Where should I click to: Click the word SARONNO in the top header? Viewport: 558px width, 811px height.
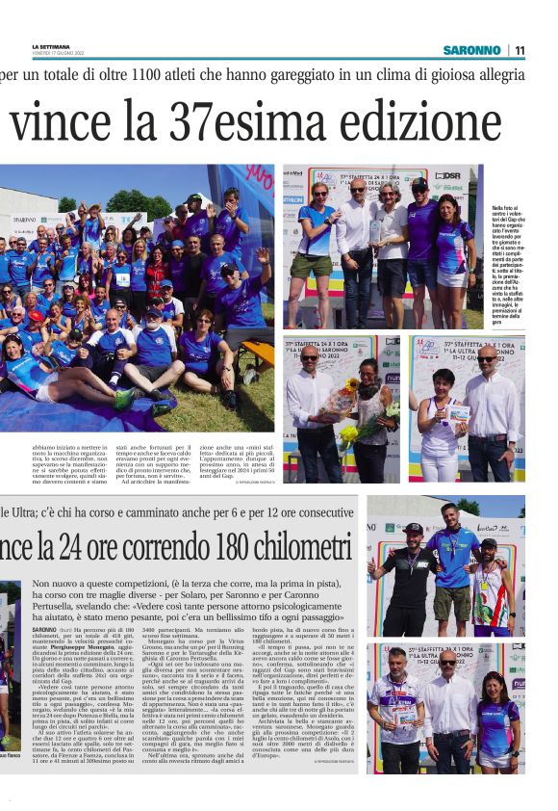pos(471,49)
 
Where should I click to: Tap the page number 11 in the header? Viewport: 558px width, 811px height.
pos(520,49)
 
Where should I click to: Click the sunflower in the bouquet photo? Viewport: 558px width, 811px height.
pos(350,388)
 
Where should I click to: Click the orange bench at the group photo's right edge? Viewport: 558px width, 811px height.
pos(263,351)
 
